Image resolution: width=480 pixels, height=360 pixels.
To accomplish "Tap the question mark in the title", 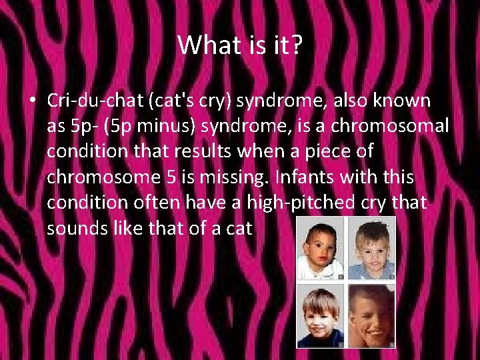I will click(x=297, y=45).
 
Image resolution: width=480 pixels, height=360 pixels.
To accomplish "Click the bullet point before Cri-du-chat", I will click(x=32, y=102).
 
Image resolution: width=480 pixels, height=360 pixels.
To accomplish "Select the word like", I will click(x=121, y=229).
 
